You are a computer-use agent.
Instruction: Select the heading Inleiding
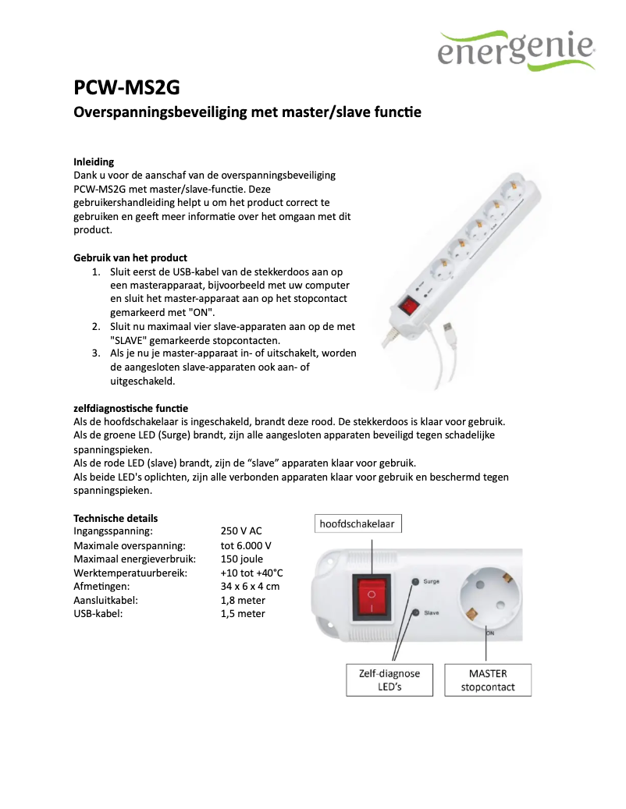coord(94,162)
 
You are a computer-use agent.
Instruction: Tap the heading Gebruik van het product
coord(130,257)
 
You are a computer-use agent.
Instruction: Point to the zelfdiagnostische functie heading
coord(130,408)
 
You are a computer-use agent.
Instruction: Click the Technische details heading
coord(116,518)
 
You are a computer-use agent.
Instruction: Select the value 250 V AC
coord(241,531)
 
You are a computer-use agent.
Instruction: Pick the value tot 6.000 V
coord(246,545)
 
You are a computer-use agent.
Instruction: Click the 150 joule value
coord(242,559)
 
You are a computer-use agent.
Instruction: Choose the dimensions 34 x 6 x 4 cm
coord(250,586)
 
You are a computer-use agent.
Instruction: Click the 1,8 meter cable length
coord(243,600)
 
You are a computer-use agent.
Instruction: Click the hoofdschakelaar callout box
coord(358,524)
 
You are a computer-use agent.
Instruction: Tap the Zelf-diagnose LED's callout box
coord(389,679)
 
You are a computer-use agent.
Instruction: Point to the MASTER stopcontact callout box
coord(488,679)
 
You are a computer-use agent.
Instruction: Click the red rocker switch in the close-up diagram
coord(372,597)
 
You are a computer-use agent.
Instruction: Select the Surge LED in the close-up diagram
coord(415,581)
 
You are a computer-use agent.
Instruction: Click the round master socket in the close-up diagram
coord(489,598)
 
